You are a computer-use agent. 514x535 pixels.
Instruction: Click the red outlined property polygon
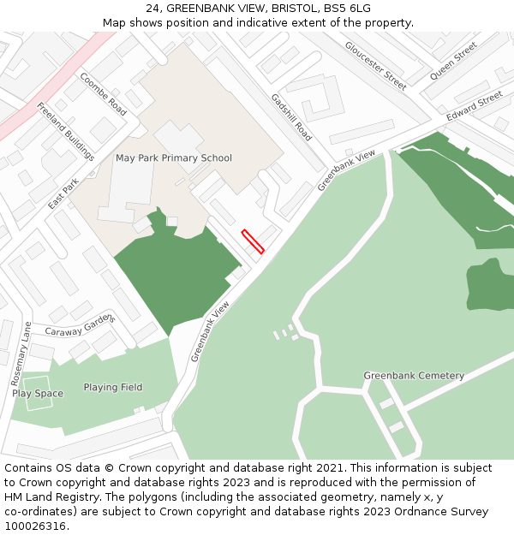tap(253, 241)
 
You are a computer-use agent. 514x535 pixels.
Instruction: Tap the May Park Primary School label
tap(174, 158)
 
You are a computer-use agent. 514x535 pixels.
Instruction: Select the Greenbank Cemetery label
tap(414, 376)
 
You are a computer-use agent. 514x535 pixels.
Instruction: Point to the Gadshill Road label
tap(291, 117)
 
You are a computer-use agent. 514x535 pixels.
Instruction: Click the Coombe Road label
tap(103, 94)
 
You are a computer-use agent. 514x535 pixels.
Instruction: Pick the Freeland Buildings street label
tap(66, 132)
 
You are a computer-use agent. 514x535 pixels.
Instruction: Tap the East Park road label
tap(63, 193)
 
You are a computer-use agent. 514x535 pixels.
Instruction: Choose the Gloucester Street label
tap(375, 65)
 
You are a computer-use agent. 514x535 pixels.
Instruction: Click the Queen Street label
tap(453, 61)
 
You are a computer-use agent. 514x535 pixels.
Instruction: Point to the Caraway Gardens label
tap(80, 326)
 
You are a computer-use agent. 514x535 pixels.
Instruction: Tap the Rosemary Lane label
tap(21, 353)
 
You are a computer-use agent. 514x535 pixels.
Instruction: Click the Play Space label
tap(38, 394)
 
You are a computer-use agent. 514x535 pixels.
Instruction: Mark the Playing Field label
tap(113, 388)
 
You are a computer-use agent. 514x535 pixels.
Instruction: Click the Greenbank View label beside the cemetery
tap(211, 330)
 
